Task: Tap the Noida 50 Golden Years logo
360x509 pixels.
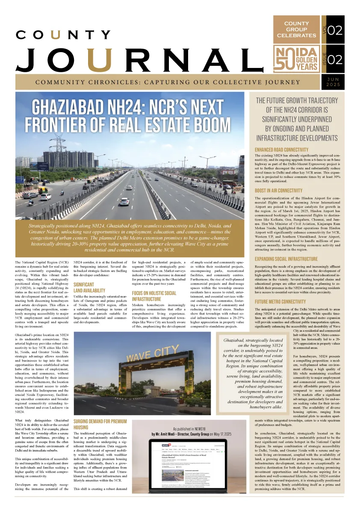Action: [x=296, y=60]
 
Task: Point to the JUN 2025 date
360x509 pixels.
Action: [x=333, y=82]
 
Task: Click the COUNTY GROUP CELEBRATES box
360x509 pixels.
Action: [x=296, y=29]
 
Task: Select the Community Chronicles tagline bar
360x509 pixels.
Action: [x=168, y=82]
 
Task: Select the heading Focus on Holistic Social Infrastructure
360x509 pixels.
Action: [x=154, y=296]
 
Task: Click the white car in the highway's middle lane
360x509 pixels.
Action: [x=124, y=201]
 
